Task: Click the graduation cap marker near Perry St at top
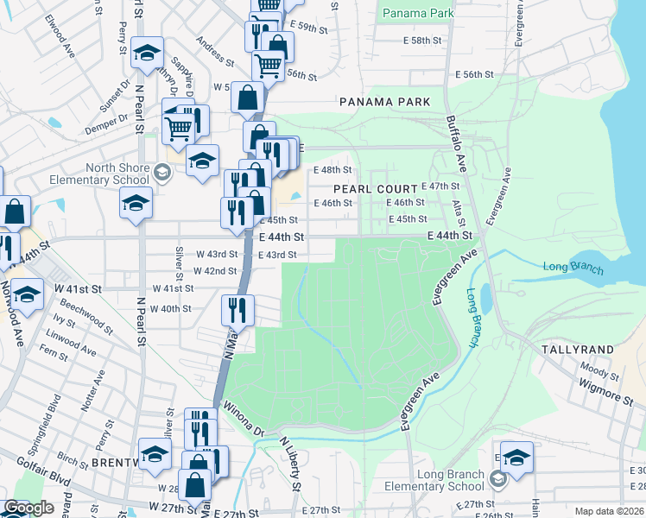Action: [147, 54]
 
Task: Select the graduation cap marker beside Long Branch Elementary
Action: [516, 458]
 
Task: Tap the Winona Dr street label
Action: [242, 419]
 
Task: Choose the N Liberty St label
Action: [289, 464]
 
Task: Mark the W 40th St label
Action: [170, 308]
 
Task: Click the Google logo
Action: [28, 508]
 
